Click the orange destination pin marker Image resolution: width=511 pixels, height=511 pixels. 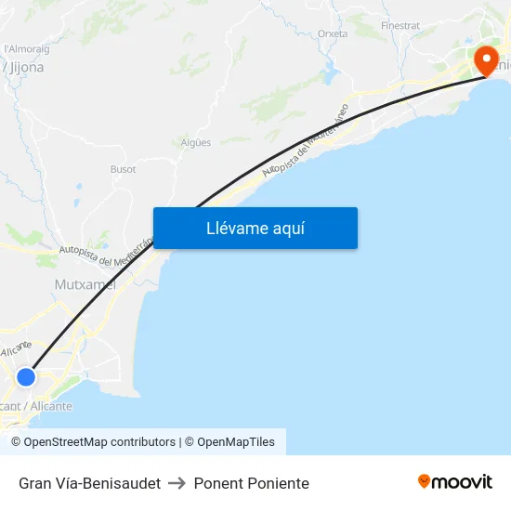485,60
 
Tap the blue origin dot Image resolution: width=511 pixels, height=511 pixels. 26,376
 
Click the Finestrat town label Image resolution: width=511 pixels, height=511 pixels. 400,25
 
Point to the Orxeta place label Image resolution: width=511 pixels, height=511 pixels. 333,33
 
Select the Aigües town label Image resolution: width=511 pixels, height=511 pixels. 196,142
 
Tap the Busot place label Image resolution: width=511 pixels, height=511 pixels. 123,169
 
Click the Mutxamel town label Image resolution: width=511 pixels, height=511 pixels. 85,284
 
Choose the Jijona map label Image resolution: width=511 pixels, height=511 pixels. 26,67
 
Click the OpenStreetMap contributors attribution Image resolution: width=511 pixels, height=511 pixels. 99,442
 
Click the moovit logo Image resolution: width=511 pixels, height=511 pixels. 454,481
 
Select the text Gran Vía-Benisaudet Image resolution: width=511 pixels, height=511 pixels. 89,483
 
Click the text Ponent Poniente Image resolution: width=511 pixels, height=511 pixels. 251,483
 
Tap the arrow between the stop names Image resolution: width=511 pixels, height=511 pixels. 177,483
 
